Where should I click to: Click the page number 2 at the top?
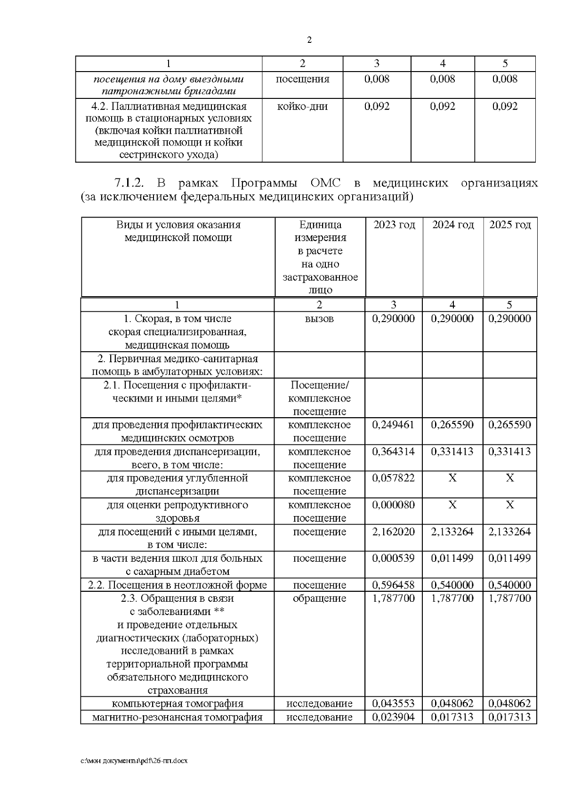(x=309, y=40)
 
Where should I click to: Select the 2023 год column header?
(x=394, y=225)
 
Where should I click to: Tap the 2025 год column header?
(x=510, y=225)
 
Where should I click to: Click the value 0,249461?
(x=393, y=425)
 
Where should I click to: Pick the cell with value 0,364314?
(x=393, y=452)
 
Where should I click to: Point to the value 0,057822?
(x=393, y=478)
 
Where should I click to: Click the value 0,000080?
(x=393, y=505)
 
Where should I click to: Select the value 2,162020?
(x=393, y=532)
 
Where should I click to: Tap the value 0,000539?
(x=393, y=558)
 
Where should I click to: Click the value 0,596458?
(x=393, y=585)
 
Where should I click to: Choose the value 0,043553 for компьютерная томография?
(x=393, y=704)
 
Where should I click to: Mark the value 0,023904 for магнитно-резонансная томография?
(x=393, y=718)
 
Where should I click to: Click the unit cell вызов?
(x=319, y=319)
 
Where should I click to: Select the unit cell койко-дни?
(x=302, y=106)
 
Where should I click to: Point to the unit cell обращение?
(x=319, y=598)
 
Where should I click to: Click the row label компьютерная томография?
(x=178, y=704)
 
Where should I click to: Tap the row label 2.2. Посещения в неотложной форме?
(x=178, y=585)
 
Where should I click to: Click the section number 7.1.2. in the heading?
(x=129, y=183)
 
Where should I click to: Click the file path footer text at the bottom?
(x=134, y=761)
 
